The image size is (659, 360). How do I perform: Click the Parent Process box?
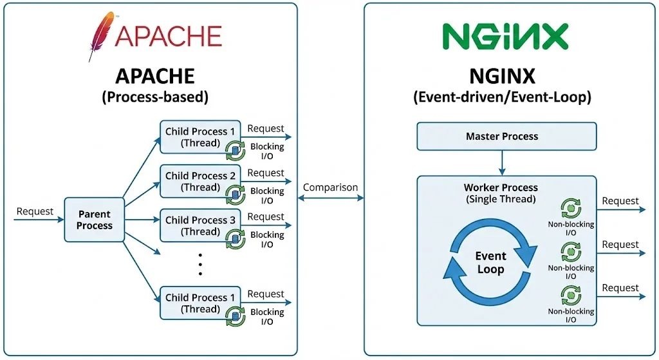click(94, 220)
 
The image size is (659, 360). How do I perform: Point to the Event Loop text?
click(490, 262)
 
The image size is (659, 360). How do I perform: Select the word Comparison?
click(330, 187)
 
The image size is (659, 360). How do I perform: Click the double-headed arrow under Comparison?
click(330, 198)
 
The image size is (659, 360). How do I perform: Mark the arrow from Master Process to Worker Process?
click(502, 163)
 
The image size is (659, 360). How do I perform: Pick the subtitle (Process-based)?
click(155, 98)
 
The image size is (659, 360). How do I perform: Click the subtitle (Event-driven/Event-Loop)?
click(502, 98)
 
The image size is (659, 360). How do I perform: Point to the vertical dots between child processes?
click(200, 264)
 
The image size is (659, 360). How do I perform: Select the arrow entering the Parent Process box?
click(39, 220)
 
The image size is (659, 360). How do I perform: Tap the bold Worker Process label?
click(501, 188)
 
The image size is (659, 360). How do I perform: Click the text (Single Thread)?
click(501, 199)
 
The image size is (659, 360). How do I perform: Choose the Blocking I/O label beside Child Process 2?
click(267, 195)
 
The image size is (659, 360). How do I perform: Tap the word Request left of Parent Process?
click(35, 211)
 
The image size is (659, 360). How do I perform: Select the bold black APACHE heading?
click(155, 76)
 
